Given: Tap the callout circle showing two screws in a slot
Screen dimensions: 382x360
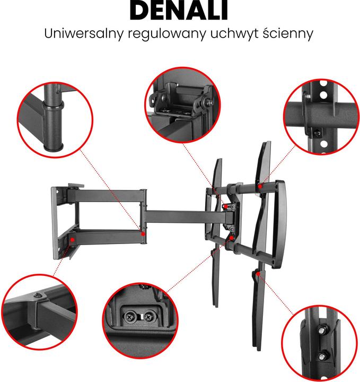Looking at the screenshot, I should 139,318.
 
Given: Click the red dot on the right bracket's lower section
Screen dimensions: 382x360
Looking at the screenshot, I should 257,274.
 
